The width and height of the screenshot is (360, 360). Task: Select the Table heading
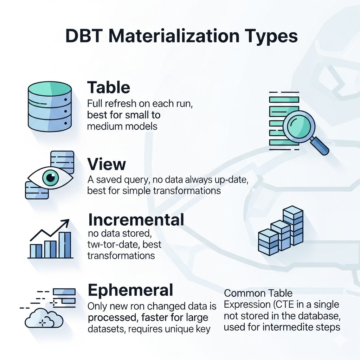point(109,87)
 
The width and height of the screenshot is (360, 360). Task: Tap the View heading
point(107,164)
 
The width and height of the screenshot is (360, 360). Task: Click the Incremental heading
point(136,220)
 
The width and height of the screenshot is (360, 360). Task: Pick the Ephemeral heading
point(130,290)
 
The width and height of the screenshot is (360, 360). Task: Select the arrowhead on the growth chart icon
point(65,224)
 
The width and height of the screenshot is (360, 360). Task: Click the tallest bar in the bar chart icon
point(65,245)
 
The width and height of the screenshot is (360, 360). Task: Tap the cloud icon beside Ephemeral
point(44,319)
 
